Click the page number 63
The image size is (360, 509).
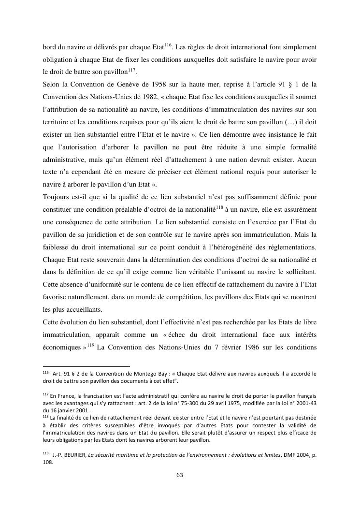(x=180, y=475)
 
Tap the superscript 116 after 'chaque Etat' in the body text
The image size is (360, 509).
(x=168, y=45)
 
